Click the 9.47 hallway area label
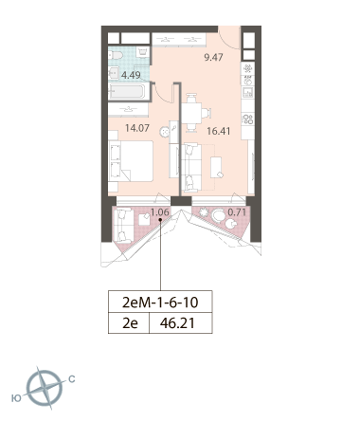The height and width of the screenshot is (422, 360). click(x=213, y=57)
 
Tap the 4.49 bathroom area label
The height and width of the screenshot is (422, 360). click(x=131, y=75)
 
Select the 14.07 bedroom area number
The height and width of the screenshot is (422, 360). click(x=137, y=128)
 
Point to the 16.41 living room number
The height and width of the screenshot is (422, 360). click(x=219, y=131)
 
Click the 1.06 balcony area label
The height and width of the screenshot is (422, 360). click(x=160, y=211)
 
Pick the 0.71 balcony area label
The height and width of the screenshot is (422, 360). click(x=237, y=211)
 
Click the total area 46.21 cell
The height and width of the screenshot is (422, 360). click(x=177, y=323)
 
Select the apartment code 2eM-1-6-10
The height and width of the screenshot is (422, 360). click(x=160, y=303)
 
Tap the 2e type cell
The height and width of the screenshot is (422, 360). click(x=130, y=323)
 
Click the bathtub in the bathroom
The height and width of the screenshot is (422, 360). click(x=127, y=91)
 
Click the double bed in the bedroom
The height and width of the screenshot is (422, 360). click(x=131, y=161)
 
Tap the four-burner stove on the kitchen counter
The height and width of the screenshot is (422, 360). click(x=248, y=119)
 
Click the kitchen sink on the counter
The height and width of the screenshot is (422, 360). click(x=247, y=93)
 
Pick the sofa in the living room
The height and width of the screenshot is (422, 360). click(x=191, y=167)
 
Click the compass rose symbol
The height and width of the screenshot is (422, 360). click(x=45, y=389)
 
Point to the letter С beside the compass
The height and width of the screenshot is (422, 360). click(x=72, y=378)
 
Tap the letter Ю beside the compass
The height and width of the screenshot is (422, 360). click(x=16, y=398)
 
